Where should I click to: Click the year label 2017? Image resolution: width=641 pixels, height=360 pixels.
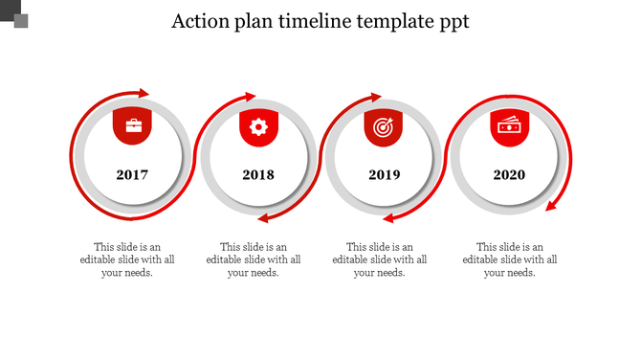click(x=132, y=175)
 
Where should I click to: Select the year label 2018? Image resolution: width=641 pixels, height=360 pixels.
click(x=258, y=175)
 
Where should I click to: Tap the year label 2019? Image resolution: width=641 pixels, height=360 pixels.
click(x=384, y=175)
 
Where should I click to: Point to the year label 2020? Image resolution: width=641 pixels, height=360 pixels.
click(x=509, y=175)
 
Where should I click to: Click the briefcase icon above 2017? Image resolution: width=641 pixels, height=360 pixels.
click(x=132, y=126)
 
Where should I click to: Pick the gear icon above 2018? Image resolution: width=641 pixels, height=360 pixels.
click(x=258, y=126)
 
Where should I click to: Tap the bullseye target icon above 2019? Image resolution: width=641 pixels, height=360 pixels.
click(x=384, y=126)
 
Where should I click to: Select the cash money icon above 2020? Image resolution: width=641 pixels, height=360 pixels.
click(x=509, y=125)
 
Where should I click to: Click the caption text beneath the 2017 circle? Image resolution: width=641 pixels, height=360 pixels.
click(x=127, y=259)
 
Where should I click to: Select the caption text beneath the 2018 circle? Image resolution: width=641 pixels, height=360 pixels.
click(x=254, y=259)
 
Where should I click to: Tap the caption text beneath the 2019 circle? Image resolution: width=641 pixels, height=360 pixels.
click(x=380, y=259)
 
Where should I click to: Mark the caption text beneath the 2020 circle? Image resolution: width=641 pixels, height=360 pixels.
click(x=510, y=259)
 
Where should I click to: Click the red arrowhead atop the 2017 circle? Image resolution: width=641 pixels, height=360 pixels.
click(x=144, y=93)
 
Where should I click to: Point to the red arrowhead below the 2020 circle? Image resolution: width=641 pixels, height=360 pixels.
click(x=552, y=205)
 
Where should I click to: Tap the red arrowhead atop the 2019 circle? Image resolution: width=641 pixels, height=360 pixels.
click(x=376, y=97)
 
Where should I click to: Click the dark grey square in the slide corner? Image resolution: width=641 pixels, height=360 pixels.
click(x=21, y=20)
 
